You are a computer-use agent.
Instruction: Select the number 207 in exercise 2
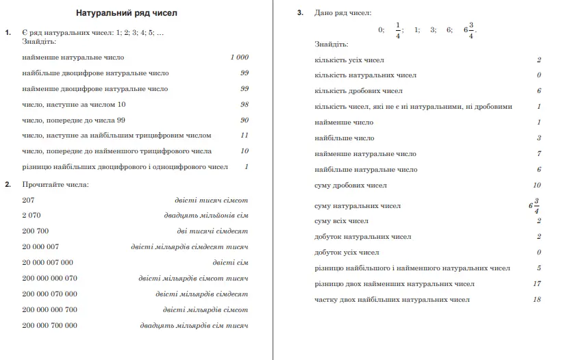[x=28, y=200]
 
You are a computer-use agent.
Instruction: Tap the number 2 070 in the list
[x=32, y=216]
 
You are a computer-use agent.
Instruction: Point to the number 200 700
[x=36, y=231]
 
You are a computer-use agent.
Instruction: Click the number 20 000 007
[x=40, y=247]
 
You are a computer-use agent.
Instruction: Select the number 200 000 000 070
[x=49, y=279]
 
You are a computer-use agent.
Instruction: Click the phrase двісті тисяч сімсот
[x=211, y=200]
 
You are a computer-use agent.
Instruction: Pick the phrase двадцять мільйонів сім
[x=206, y=216]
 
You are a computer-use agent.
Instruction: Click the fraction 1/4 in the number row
[x=397, y=30]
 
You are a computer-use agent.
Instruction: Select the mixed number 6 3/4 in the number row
[x=469, y=30]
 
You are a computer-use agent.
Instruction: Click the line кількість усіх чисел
[x=349, y=60]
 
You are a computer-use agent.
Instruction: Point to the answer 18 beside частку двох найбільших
[x=536, y=300]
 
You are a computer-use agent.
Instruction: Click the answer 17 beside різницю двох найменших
[x=536, y=284]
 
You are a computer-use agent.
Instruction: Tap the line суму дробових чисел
[x=351, y=185]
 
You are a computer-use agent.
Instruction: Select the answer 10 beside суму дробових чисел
[x=536, y=185]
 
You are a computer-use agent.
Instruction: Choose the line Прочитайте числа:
[x=55, y=184]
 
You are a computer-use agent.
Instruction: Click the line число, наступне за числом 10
[x=74, y=105]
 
